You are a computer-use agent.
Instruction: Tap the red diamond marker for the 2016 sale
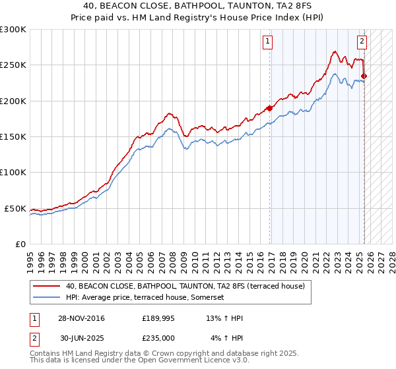[270, 108]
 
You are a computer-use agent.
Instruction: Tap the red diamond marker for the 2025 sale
[364, 76]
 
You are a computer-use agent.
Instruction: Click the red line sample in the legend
[47, 286]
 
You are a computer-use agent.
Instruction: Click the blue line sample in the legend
[47, 298]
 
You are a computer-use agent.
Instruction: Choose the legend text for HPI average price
[145, 298]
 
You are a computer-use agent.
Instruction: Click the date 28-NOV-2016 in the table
[81, 318]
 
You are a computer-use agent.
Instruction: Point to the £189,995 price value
[158, 318]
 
